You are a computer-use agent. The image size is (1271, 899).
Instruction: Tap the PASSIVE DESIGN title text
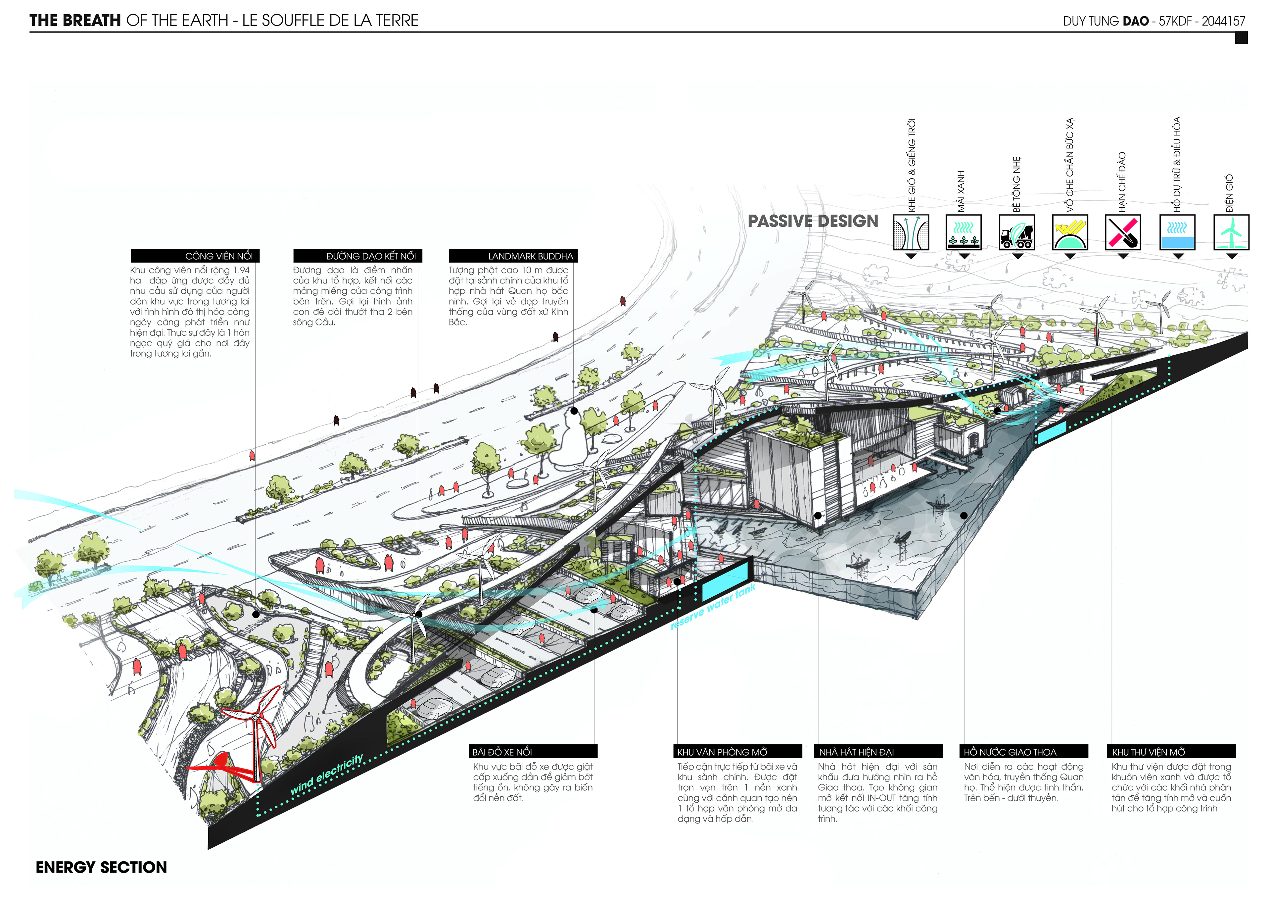pos(813,221)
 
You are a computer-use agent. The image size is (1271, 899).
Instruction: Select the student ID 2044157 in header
pos(1223,21)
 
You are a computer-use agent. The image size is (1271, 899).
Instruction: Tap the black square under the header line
pos(1241,38)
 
